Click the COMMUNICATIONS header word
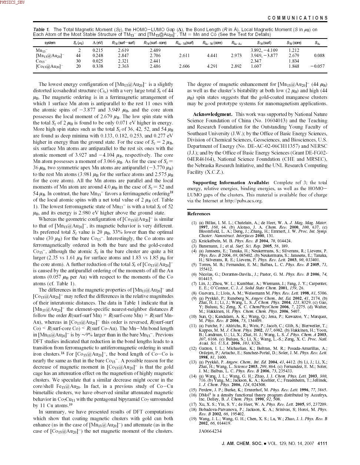[297, 18]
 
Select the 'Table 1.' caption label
[41, 29]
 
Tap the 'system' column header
[50, 43]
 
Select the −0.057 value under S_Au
[317, 66]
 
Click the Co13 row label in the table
[41, 61]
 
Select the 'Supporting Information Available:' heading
[231, 183]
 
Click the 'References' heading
[199, 214]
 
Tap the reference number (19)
[193, 419]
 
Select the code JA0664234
[210, 431]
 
